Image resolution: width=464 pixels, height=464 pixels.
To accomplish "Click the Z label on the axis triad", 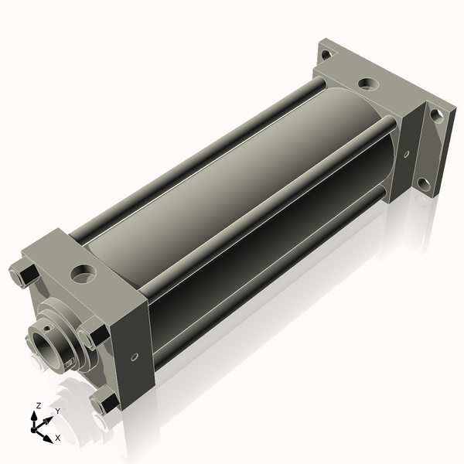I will pos(39,405).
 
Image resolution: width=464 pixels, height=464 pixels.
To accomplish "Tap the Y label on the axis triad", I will pos(57,411).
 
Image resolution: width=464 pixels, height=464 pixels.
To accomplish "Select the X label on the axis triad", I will pos(57,438).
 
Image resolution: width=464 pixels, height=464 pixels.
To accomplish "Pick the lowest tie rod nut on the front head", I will pos(103,401).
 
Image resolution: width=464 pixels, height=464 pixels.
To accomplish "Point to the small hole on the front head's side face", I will pos(135,357).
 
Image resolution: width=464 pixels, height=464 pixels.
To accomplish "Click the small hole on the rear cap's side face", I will pos(407,154).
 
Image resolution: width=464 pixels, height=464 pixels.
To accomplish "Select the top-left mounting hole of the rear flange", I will pos(326,55).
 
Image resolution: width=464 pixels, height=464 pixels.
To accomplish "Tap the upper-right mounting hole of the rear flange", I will pos(437,115).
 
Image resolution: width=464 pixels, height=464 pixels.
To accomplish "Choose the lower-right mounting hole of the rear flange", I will pos(423,184).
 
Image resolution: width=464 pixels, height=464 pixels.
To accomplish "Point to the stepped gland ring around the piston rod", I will pos(58,325).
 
